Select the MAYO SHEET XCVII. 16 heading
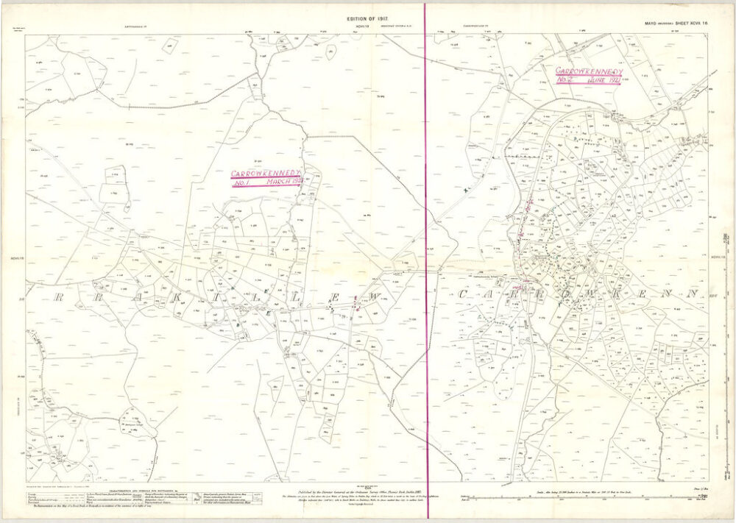(x=676, y=24)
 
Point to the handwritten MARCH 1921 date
(x=286, y=182)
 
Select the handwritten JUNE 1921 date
(x=603, y=79)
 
